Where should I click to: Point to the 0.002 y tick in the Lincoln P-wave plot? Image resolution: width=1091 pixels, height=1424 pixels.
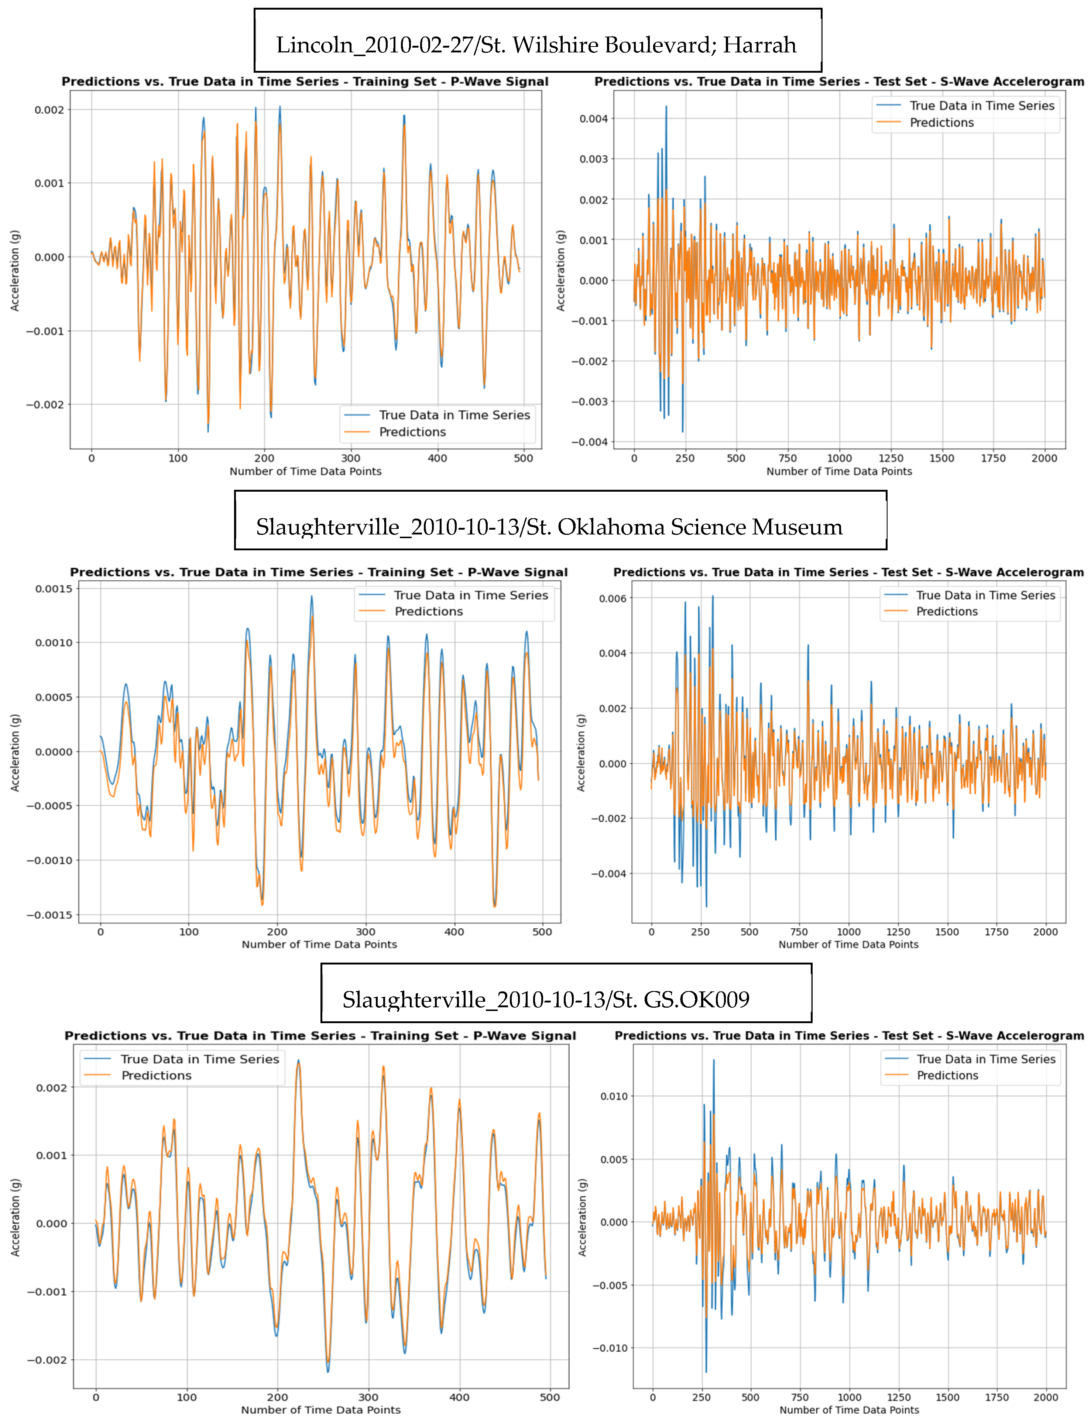tap(49, 110)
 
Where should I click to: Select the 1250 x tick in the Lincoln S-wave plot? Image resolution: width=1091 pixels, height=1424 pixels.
tap(890, 458)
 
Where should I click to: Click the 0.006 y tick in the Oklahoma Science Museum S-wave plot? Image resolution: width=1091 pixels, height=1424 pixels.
tap(613, 598)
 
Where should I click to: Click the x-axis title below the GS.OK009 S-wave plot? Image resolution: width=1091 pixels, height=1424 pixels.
tap(849, 1410)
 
